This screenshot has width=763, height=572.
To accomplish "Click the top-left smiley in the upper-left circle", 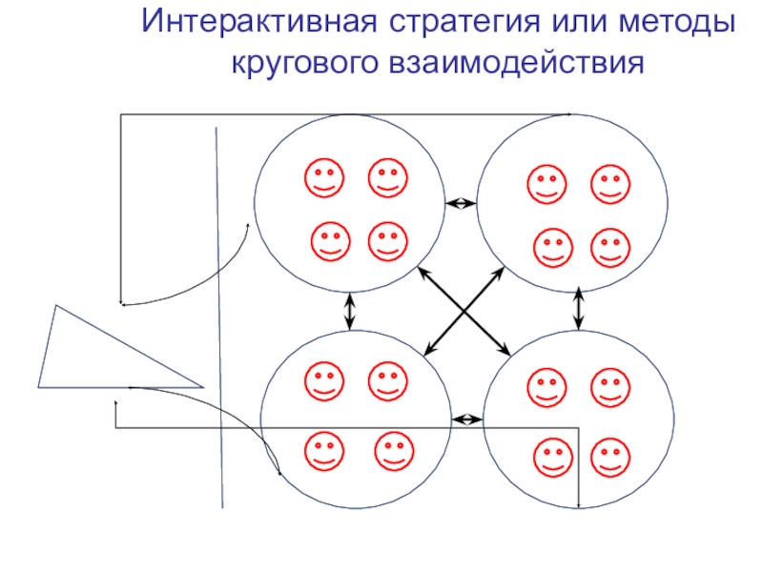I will pos(325,178).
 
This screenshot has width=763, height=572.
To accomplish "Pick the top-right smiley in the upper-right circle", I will pos(610,185).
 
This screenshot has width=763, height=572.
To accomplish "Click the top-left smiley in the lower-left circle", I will pos(324,382).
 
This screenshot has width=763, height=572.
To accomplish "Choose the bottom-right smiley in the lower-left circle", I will pos(394,452).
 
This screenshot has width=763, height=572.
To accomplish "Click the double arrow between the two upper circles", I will pos(462,203).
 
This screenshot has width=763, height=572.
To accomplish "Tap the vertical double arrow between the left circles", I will pos(350,311).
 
